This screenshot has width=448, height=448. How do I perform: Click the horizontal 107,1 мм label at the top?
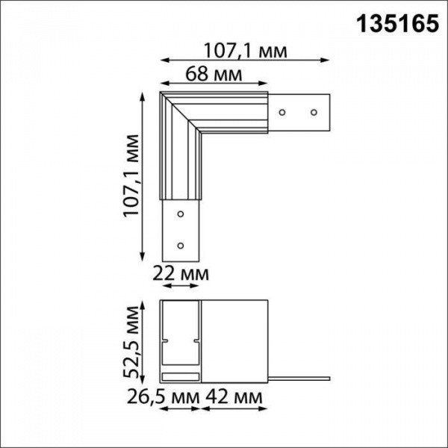tap(246, 51)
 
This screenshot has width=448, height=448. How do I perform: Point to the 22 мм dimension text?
tap(181, 275)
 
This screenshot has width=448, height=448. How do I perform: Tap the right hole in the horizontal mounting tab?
tap(314, 113)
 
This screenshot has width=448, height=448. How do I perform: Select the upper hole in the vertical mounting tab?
tap(180, 214)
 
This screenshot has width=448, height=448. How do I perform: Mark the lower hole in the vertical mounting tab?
tap(180, 244)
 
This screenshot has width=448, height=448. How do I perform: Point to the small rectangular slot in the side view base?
tap(180, 373)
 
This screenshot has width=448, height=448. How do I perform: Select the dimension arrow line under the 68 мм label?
tap(213, 84)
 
